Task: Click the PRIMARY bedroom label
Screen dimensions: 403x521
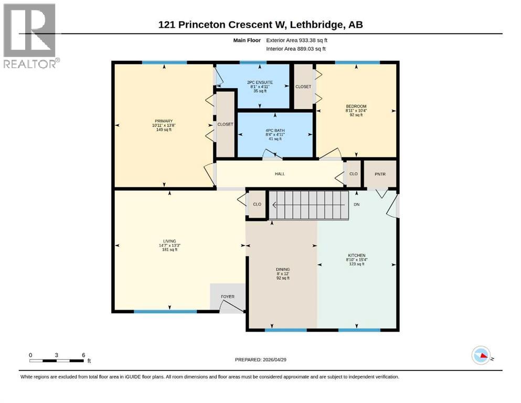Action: tap(163, 121)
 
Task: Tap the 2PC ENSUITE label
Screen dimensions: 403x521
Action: tap(261, 82)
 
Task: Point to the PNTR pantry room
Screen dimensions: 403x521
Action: tap(380, 174)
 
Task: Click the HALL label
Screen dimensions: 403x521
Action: tap(280, 174)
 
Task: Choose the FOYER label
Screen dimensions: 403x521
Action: tap(227, 296)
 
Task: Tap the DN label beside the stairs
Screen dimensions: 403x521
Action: tap(357, 205)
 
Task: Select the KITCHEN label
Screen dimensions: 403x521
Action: tap(356, 255)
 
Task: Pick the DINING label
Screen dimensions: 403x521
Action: tap(283, 269)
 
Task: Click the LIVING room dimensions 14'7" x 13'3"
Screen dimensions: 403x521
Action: tap(169, 246)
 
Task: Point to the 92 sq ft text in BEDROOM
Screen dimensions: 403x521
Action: tap(356, 115)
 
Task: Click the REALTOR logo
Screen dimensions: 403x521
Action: tap(30, 36)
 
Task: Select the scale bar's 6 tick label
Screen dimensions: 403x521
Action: tap(83, 355)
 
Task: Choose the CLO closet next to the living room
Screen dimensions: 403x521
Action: tap(257, 205)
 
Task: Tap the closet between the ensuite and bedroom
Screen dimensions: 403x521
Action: tap(303, 87)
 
